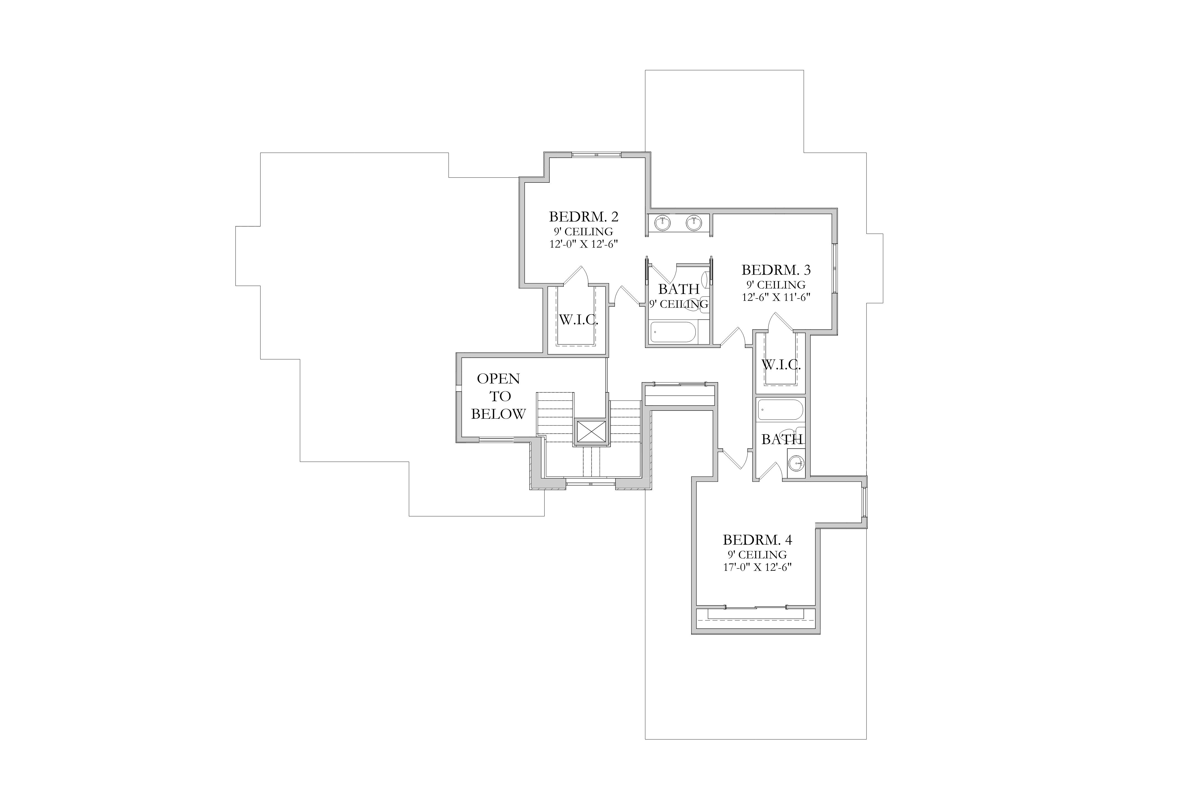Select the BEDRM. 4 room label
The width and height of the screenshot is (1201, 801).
[757, 540]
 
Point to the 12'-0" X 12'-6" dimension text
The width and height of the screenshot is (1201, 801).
[584, 244]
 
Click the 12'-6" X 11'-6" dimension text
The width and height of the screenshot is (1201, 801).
[776, 297]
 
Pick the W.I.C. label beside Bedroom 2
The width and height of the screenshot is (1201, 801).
[579, 320]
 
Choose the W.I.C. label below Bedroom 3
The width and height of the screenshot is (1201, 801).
[781, 365]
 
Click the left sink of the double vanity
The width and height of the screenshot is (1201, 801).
[663, 223]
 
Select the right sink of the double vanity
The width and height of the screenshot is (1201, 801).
[693, 223]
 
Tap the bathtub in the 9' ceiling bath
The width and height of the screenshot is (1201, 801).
[673, 332]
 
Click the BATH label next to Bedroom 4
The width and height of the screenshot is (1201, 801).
[782, 439]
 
